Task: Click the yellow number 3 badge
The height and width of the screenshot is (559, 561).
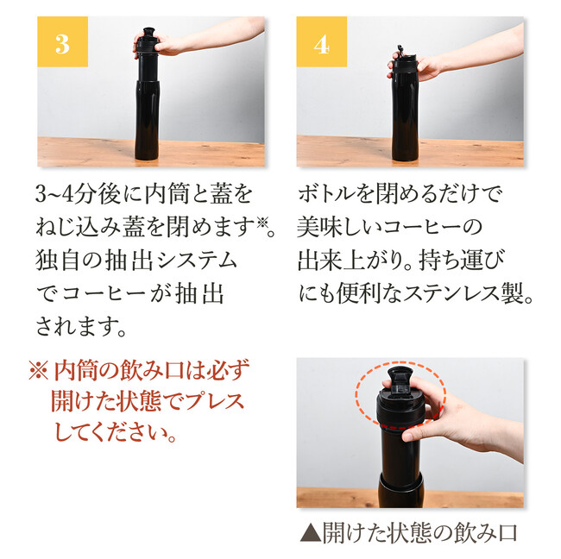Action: coord(63,41)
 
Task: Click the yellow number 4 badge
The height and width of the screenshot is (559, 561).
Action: coord(322,41)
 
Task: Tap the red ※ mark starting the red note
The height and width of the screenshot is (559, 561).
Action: coord(38,371)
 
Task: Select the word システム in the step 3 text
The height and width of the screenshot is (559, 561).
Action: coord(197,261)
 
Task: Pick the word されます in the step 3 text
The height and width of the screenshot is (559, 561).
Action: coord(76,327)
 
